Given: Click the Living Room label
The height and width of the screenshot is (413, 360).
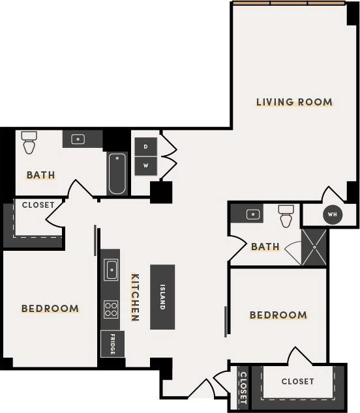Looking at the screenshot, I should coord(294,102).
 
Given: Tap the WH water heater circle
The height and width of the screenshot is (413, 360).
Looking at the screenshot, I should coord(333,214).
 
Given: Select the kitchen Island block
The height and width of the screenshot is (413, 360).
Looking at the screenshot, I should coord(162,297).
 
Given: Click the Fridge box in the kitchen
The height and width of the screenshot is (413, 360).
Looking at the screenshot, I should coord(112,343).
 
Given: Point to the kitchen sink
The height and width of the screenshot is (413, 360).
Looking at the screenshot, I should coord(111,268).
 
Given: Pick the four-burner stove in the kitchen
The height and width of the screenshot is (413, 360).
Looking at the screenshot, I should coord(111,308).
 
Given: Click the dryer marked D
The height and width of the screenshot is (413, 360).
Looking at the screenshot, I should coord(146,147).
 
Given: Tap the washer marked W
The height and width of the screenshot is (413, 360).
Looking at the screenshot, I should coord(146,165).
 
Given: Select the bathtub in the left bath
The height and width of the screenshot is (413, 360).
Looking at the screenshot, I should coord(117,173).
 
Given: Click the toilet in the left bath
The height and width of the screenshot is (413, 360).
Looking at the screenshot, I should coord(29,142).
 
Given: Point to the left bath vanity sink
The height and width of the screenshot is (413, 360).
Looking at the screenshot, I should coord(78,139).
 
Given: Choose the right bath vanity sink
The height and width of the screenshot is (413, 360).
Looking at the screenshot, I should coord(253,214).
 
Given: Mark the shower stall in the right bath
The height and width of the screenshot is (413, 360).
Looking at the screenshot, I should coord(314,247).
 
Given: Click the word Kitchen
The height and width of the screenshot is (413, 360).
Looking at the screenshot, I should coord(136,296).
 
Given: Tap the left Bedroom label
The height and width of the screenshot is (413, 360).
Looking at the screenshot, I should coord(50,308).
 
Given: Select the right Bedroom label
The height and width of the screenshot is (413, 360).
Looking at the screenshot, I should coord(278,315).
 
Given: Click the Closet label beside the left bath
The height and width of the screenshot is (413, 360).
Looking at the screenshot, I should coord(38,205).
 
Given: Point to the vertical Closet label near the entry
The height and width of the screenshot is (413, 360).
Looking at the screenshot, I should coord(243,386).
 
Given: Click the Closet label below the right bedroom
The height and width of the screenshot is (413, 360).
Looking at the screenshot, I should coord(297,381).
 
